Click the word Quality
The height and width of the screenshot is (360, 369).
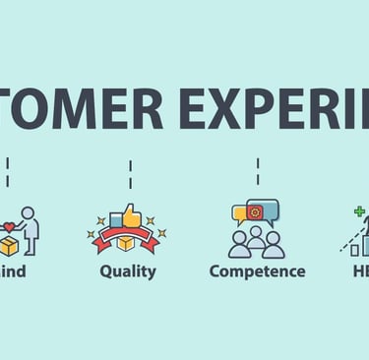click(x=128, y=271)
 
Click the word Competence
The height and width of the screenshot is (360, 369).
click(x=257, y=271)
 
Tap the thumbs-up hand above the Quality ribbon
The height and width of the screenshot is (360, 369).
click(x=131, y=215)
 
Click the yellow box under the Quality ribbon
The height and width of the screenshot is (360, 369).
click(x=128, y=242)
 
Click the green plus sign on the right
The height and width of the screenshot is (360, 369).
click(x=359, y=210)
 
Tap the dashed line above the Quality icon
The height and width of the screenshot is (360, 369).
click(x=130, y=175)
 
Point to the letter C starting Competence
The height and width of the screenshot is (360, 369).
click(x=215, y=271)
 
